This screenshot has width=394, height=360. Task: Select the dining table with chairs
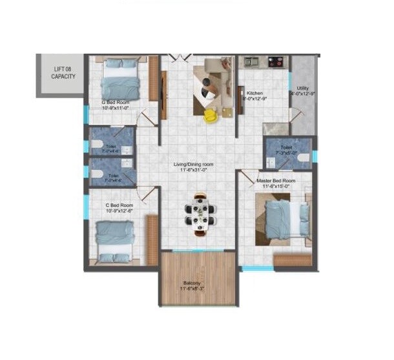[x=200, y=212]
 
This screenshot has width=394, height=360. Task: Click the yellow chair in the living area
[x=210, y=116]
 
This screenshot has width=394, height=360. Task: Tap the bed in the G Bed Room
[x=121, y=77]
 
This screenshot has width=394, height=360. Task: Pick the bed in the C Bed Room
[x=115, y=240]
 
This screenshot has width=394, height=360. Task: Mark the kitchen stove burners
[x=275, y=62]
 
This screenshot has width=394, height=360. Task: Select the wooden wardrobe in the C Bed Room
[x=153, y=238]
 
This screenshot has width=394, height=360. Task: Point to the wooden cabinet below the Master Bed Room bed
[x=293, y=260]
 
